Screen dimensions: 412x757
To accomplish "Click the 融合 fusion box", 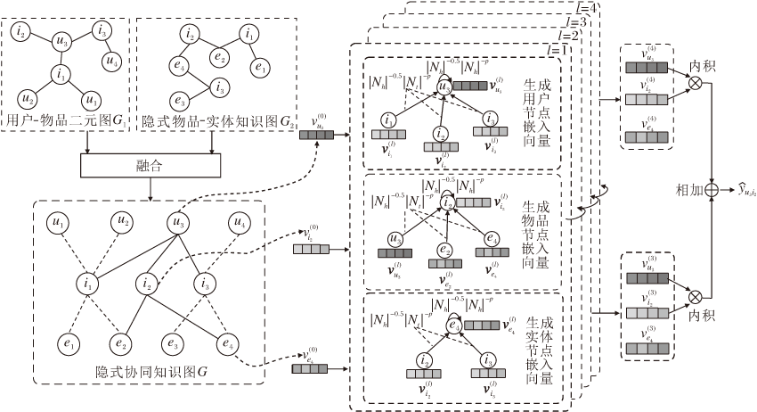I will pos(150,166).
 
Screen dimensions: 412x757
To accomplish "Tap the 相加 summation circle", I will pos(711,189).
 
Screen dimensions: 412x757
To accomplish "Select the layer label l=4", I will pos(590,10).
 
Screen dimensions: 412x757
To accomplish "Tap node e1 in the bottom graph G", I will pos(67,342).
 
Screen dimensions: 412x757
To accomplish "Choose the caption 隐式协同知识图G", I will pos(150,370).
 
